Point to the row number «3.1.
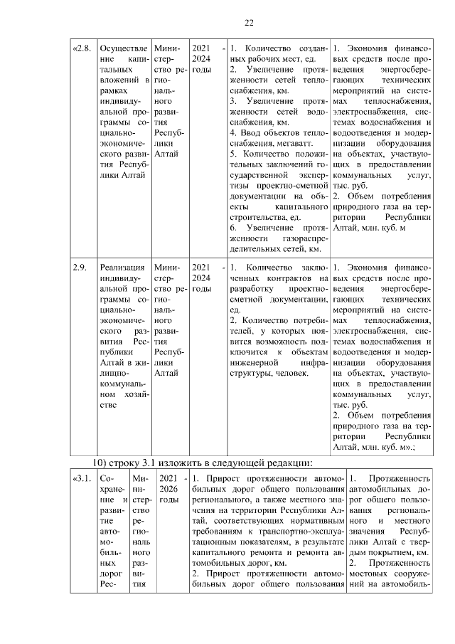(82, 478)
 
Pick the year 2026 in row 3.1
(168, 489)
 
